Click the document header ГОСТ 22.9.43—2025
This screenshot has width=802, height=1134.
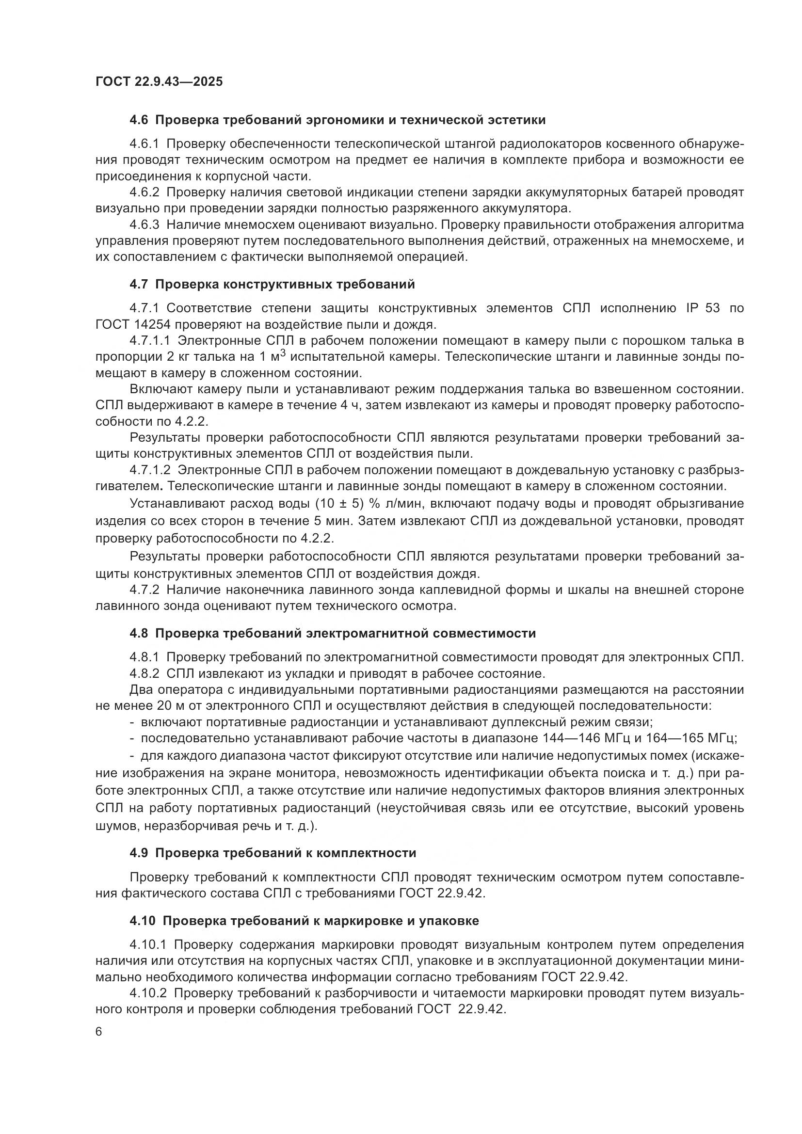pyautogui.click(x=159, y=81)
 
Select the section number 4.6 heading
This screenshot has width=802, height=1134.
pyautogui.click(x=139, y=120)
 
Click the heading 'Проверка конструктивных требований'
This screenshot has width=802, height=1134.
pyautogui.click(x=285, y=285)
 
